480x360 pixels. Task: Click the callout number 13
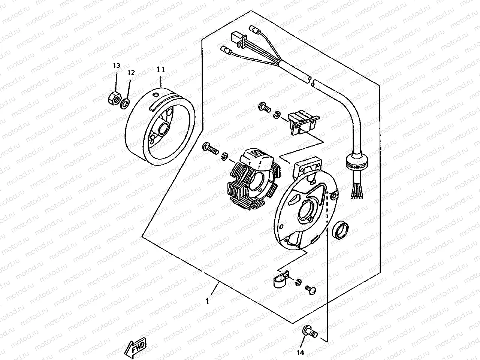(116, 66)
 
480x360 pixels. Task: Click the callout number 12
(131, 72)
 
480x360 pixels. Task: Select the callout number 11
(161, 69)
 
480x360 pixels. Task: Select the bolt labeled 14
(310, 332)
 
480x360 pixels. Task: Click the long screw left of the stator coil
(211, 149)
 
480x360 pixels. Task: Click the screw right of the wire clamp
(310, 289)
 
